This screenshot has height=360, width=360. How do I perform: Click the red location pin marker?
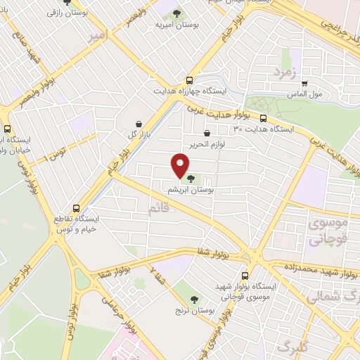coord(179,166)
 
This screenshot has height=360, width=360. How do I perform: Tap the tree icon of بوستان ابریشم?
coord(192,179)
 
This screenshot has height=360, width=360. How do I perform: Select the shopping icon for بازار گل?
coord(139,124)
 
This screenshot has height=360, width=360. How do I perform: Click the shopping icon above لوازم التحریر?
coord(207,133)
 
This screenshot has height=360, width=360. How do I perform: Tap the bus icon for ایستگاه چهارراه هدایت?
coord(188,80)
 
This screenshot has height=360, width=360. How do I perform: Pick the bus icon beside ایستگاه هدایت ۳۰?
coord(263,118)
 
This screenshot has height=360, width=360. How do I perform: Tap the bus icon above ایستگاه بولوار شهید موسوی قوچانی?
coord(245,276)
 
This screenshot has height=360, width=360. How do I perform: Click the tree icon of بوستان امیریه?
coord(176,13)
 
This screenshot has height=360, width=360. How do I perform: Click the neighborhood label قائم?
coord(159,208)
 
